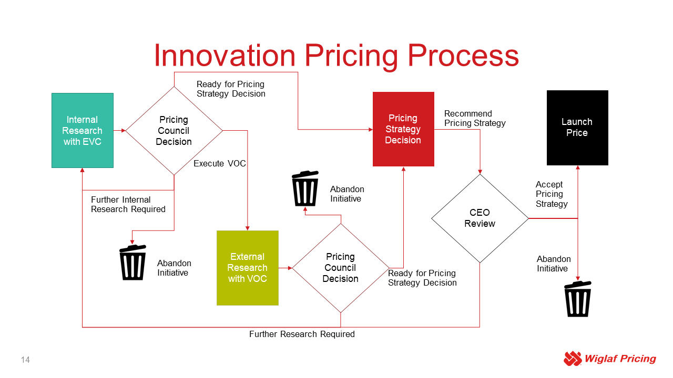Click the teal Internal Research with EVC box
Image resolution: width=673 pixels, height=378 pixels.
click(x=83, y=130)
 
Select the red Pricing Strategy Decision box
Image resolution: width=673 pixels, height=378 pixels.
click(x=403, y=129)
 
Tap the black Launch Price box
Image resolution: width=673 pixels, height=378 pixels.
click(x=577, y=128)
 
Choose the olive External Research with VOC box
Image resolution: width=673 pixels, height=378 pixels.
click(x=247, y=268)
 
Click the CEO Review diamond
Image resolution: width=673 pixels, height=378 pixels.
click(x=480, y=218)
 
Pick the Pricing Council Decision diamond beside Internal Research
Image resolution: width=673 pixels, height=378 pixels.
click(x=174, y=131)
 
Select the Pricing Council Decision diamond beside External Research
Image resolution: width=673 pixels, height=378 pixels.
click(x=340, y=268)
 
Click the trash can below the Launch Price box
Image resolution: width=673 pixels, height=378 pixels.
click(x=577, y=299)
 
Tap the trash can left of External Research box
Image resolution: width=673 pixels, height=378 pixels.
click(x=132, y=262)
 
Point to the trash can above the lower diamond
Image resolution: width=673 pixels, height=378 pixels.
click(x=305, y=188)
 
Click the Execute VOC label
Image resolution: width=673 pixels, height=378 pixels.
click(x=219, y=163)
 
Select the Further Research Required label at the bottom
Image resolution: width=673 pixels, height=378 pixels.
click(x=302, y=334)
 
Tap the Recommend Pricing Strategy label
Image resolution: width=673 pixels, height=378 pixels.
click(x=475, y=118)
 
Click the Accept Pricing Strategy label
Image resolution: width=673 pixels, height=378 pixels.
click(x=552, y=194)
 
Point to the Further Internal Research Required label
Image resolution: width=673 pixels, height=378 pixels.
click(x=128, y=204)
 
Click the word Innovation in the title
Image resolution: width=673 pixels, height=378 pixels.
click(x=225, y=55)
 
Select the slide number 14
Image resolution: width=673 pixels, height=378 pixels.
click(x=25, y=360)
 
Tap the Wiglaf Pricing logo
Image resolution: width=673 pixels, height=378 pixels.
click(x=609, y=359)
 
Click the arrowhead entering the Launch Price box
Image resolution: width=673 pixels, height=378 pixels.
click(x=577, y=167)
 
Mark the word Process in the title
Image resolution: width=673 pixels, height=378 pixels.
click(x=463, y=55)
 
